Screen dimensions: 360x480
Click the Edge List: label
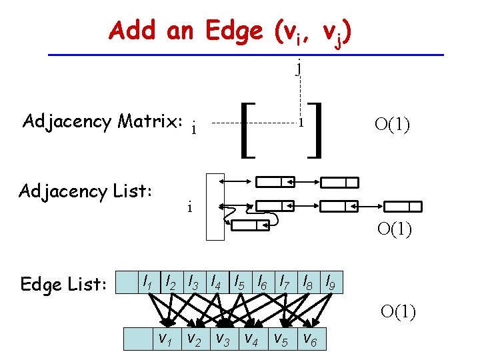tap(63, 285)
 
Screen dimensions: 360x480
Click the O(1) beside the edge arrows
tap(398, 311)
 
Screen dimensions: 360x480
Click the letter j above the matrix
tap(300, 66)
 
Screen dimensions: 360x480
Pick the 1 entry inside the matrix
tap(301, 123)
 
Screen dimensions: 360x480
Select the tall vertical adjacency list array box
tap(215, 206)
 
